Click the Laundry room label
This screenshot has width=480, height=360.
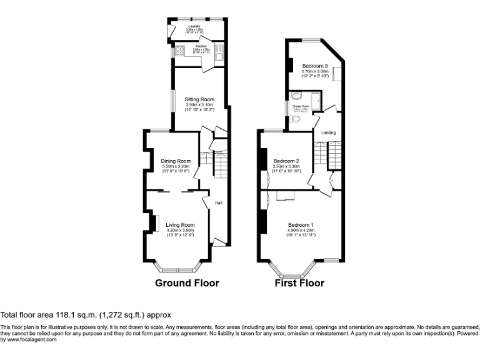[194, 27]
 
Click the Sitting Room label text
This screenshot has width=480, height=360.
[199, 99]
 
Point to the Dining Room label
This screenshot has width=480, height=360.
[175, 161]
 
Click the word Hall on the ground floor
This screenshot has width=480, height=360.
[219, 202]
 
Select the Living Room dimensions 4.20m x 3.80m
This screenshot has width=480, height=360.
[180, 230]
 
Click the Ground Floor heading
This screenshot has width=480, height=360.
[187, 283]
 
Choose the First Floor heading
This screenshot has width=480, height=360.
[299, 283]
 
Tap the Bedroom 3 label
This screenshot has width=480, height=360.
[315, 66]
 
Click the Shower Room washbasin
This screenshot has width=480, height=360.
[296, 97]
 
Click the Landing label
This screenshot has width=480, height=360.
[328, 132]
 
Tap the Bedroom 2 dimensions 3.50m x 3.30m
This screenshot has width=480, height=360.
[287, 166]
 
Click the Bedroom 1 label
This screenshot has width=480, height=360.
[301, 224]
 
